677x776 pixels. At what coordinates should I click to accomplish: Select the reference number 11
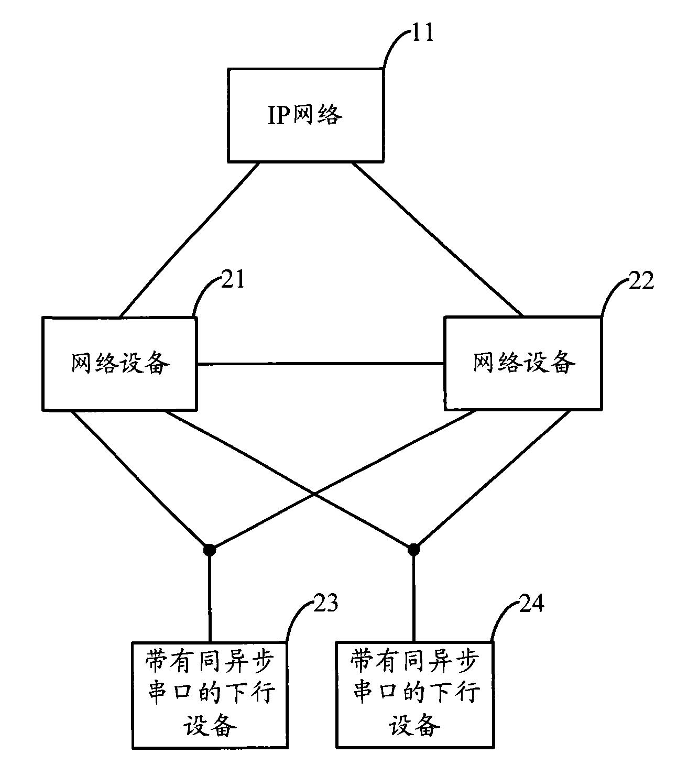[422, 32]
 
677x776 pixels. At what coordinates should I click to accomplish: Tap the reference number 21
[233, 279]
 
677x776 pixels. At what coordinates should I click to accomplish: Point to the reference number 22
[641, 281]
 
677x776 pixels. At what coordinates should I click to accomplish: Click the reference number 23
[326, 603]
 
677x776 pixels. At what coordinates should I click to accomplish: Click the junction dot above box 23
[210, 550]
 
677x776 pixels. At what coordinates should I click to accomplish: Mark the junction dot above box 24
[413, 549]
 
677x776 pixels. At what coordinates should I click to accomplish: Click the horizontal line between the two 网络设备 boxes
[321, 364]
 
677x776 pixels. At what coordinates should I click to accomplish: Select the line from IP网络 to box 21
[189, 239]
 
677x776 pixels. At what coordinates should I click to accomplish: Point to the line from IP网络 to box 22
[438, 239]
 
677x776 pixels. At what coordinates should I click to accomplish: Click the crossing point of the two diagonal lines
[314, 494]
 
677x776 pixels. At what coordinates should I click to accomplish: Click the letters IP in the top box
[279, 115]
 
